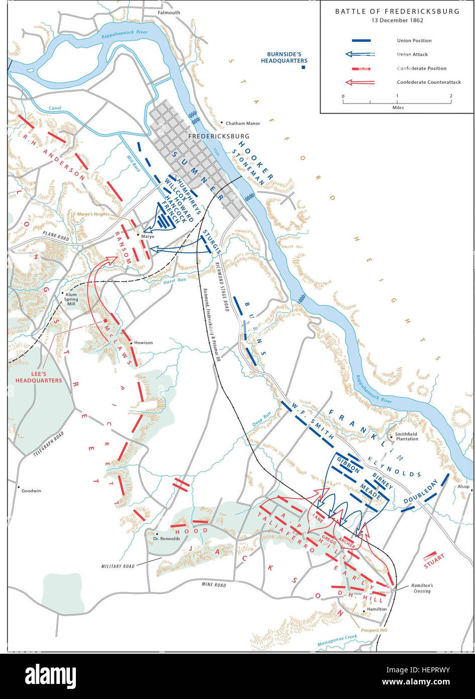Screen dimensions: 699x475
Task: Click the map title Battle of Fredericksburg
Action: pos(397,11)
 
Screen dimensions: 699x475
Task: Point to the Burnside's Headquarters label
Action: pos(283,57)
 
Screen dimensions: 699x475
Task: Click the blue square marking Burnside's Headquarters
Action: pos(303,67)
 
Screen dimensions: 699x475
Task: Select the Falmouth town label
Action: pos(168,13)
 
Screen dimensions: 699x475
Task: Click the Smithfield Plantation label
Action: pos(406,436)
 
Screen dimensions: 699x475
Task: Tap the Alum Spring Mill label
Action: pos(71,300)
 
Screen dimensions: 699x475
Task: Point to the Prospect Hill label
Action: pos(373,630)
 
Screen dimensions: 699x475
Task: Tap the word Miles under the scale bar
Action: pos(398,108)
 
